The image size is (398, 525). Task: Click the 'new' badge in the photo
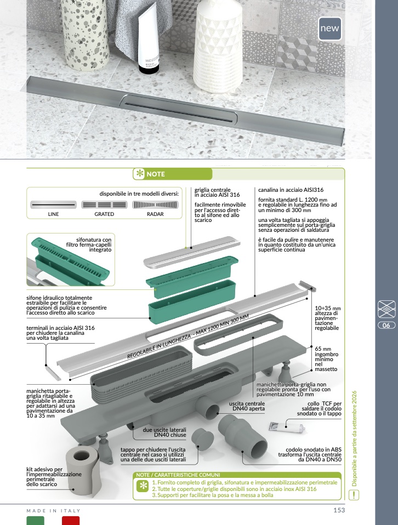pyautogui.click(x=330, y=28)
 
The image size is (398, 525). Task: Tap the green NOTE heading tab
pyautogui.click(x=149, y=174)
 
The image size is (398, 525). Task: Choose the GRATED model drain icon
pyautogui.click(x=104, y=204)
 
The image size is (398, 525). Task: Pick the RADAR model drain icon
pyautogui.click(x=155, y=204)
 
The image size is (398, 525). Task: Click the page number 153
pyautogui.click(x=339, y=510)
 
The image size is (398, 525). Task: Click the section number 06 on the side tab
pyautogui.click(x=386, y=326)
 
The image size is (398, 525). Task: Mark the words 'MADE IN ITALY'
pyautogui.click(x=54, y=511)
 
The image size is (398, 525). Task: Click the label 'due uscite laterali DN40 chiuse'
pyautogui.click(x=164, y=432)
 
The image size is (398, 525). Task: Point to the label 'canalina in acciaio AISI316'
pyautogui.click(x=291, y=190)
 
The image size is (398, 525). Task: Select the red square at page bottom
pyautogui.click(x=71, y=521)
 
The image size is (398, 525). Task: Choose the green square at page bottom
pyautogui.click(x=36, y=521)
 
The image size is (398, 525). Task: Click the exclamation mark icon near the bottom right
pyautogui.click(x=354, y=494)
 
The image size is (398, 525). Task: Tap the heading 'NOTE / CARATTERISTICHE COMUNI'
pyautogui.click(x=178, y=475)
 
